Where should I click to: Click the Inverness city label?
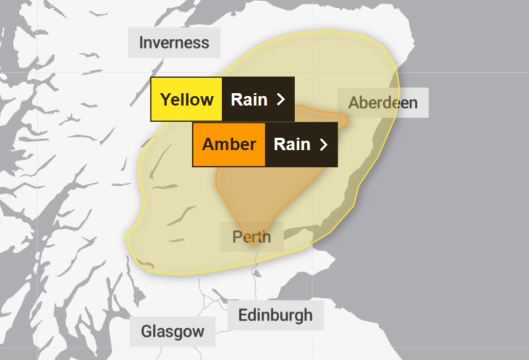(x=174, y=43)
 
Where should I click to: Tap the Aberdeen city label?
(x=383, y=103)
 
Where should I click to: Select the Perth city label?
(x=252, y=237)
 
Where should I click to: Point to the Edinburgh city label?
(x=275, y=315)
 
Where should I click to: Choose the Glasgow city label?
(x=172, y=331)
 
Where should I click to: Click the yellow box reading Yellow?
(x=187, y=99)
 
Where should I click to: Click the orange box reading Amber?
(x=229, y=144)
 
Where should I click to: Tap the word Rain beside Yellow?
(x=249, y=99)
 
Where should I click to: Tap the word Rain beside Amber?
(x=292, y=144)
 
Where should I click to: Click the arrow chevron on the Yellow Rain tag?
(x=280, y=99)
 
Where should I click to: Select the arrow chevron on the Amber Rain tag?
(x=323, y=144)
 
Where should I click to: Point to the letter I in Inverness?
(x=141, y=43)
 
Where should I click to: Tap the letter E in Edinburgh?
(x=242, y=315)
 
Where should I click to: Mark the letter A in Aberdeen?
(x=354, y=103)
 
